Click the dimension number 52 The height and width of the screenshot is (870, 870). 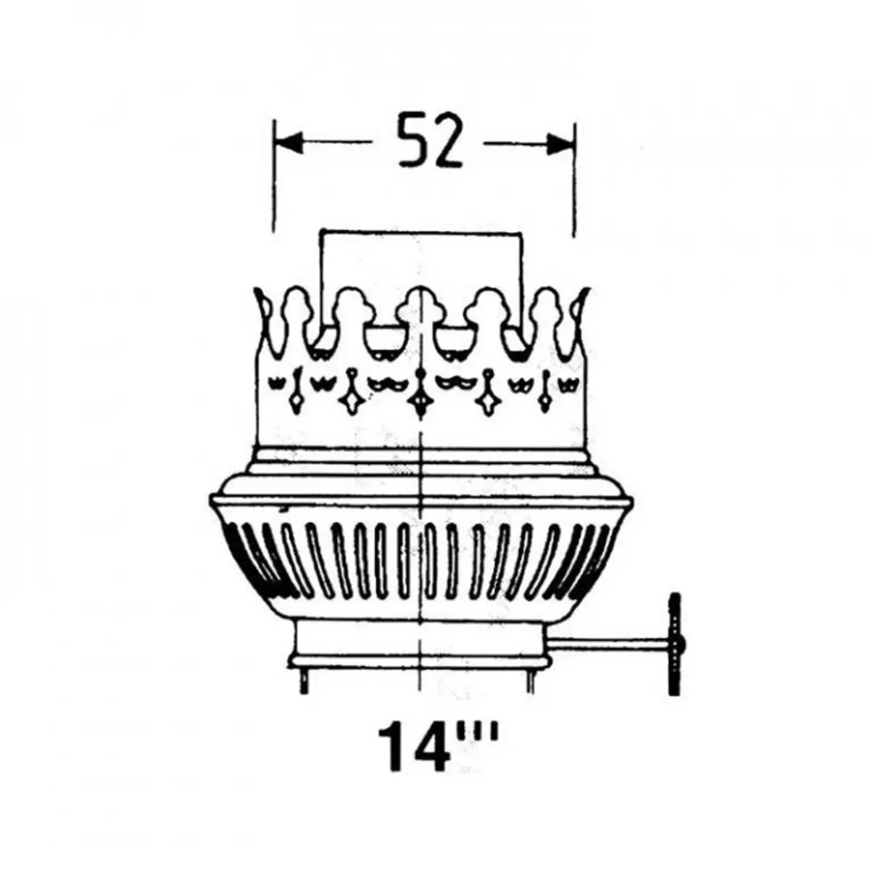430,143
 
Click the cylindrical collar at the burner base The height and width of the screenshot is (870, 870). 420,642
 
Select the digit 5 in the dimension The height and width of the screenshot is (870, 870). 411,143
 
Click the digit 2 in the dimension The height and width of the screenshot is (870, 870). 449,143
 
